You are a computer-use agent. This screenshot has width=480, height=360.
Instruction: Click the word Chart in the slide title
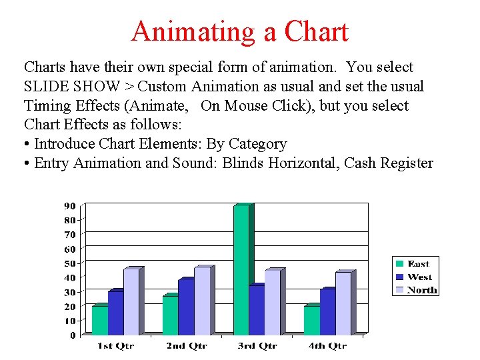pos(316,32)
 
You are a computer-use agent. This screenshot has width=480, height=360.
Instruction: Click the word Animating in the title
pos(197,32)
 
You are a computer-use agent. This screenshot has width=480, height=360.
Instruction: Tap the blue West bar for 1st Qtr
pos(115,312)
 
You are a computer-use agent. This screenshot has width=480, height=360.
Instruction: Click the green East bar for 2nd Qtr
pos(170,315)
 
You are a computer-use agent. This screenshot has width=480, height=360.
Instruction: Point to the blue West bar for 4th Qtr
pos(327,311)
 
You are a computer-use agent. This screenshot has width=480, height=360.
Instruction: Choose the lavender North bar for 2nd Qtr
pos(202,301)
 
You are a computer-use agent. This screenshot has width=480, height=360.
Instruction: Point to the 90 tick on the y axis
pos(70,205)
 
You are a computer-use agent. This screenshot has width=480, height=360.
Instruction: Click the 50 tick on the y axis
pos(70,263)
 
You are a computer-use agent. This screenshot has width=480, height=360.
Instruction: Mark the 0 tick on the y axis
pos(73,335)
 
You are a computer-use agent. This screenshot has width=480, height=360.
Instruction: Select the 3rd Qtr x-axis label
pos(257,346)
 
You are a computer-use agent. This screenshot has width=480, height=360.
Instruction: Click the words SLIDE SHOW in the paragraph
pos(73,87)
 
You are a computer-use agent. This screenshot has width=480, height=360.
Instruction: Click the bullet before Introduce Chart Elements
pos(27,145)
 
